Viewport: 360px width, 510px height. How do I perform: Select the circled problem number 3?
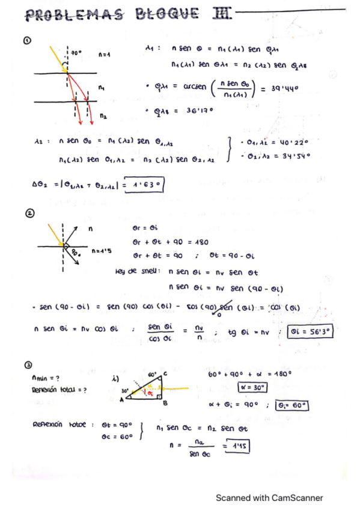[x=27, y=364]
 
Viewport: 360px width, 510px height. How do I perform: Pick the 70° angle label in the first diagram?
[x=76, y=54]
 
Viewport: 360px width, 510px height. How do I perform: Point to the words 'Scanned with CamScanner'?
[x=269, y=497]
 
